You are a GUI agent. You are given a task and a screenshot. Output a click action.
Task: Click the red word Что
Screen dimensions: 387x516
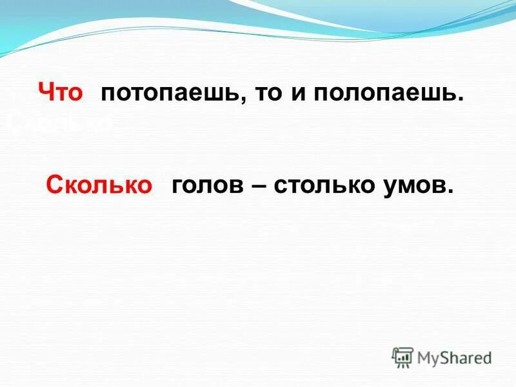click(x=61, y=93)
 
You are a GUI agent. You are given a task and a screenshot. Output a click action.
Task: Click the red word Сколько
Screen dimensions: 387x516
click(x=99, y=186)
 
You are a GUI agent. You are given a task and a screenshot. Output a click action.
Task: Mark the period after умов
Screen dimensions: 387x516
click(x=450, y=192)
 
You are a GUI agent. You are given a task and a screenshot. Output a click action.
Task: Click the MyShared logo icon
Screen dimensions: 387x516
click(x=402, y=357)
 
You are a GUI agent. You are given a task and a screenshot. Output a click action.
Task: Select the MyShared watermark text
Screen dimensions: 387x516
click(x=454, y=357)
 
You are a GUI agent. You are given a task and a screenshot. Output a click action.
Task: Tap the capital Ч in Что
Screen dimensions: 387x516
click(x=46, y=93)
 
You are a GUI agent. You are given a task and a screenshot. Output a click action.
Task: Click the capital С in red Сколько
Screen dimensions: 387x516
click(x=54, y=186)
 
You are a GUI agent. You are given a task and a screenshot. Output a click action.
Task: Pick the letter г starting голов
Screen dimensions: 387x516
click(x=176, y=186)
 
